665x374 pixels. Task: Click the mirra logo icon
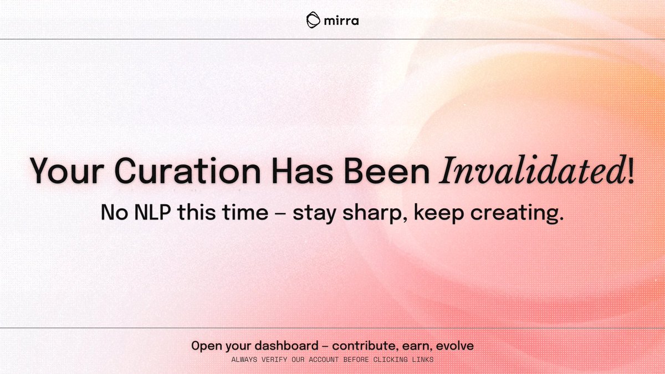(x=314, y=20)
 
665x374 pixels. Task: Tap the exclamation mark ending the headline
(x=631, y=171)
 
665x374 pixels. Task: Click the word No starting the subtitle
(x=114, y=213)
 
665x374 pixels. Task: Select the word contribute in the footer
(x=362, y=346)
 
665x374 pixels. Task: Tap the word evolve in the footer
(x=455, y=346)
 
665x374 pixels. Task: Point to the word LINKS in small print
(x=421, y=360)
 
